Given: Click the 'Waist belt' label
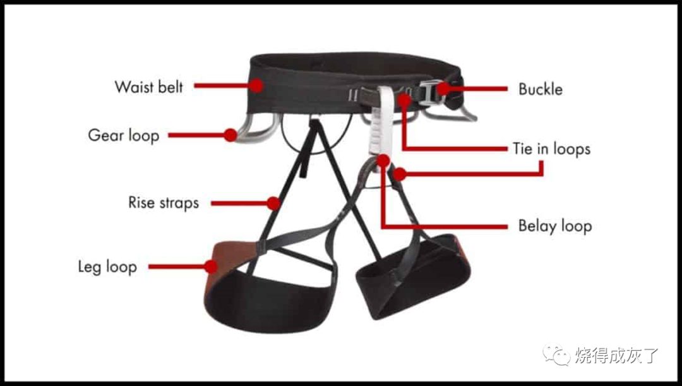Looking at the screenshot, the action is (x=149, y=87).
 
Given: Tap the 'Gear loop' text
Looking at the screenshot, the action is (x=124, y=135).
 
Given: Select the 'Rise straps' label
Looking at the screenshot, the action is (x=164, y=203).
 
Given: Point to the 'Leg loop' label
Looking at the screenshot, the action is (x=107, y=267).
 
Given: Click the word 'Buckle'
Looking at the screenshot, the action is (x=541, y=89).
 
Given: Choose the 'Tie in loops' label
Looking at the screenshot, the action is (x=551, y=149).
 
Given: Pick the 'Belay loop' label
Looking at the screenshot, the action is (x=555, y=226).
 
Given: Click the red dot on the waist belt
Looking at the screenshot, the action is (x=256, y=85).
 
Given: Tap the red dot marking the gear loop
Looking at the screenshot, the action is (x=230, y=135).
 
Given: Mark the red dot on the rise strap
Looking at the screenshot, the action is (x=273, y=203).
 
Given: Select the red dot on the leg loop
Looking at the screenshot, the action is (x=212, y=267).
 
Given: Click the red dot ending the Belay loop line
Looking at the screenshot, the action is (x=383, y=160).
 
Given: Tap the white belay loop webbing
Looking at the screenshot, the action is (x=382, y=122).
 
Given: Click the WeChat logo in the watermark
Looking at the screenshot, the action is (x=556, y=355).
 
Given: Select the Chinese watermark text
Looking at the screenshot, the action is (x=616, y=356).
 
